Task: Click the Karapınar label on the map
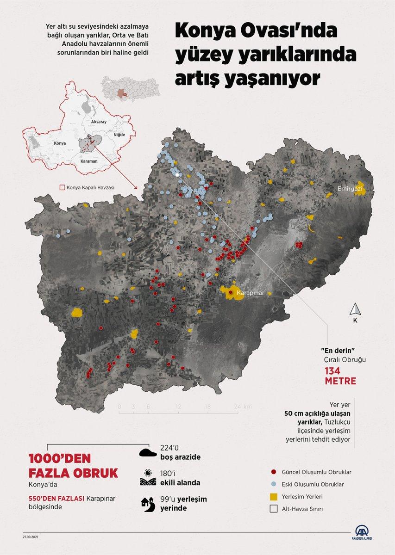(x=250, y=293)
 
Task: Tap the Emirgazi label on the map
(x=350, y=189)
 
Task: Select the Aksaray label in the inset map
(x=99, y=121)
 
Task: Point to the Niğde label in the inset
(x=119, y=134)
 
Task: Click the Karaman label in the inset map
(x=89, y=161)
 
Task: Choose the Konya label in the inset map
(x=60, y=143)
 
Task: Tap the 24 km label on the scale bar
(x=243, y=407)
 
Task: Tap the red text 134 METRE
(x=340, y=376)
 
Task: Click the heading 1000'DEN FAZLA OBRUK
(x=73, y=466)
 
